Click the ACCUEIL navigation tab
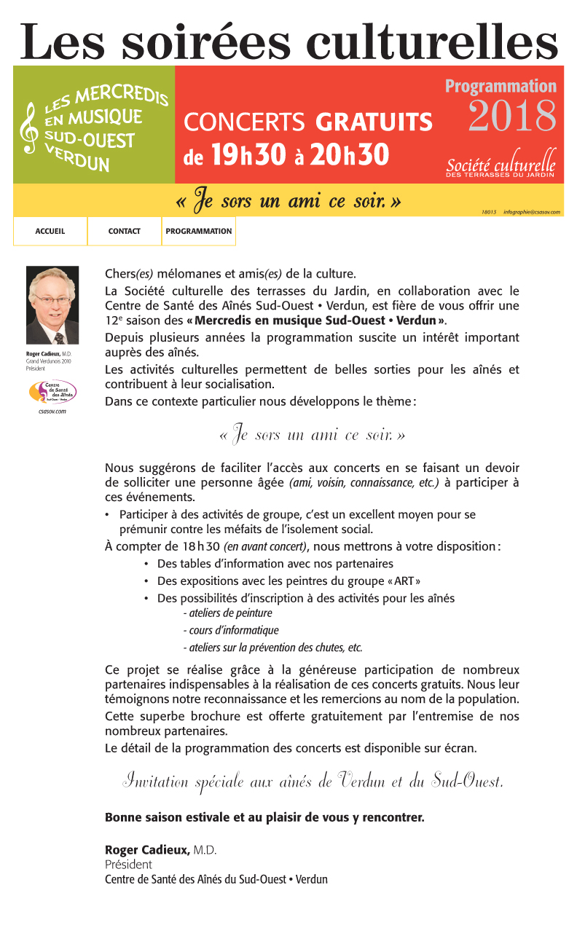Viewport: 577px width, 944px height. tap(50, 231)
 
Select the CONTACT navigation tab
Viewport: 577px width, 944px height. tap(125, 231)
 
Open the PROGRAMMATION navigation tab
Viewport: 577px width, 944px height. tap(199, 231)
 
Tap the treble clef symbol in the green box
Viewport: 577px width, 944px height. tap(30, 127)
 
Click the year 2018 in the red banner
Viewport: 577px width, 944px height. tap(512, 116)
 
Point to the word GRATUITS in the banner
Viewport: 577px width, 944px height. tap(374, 122)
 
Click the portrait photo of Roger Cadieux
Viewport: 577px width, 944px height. tap(52, 305)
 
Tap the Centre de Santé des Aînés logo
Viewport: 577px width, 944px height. tap(52, 392)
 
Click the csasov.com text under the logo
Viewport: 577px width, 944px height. tap(52, 412)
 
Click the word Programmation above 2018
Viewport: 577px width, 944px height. tap(501, 86)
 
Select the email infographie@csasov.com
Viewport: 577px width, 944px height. tap(531, 212)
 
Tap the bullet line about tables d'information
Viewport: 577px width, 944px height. tap(275, 564)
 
